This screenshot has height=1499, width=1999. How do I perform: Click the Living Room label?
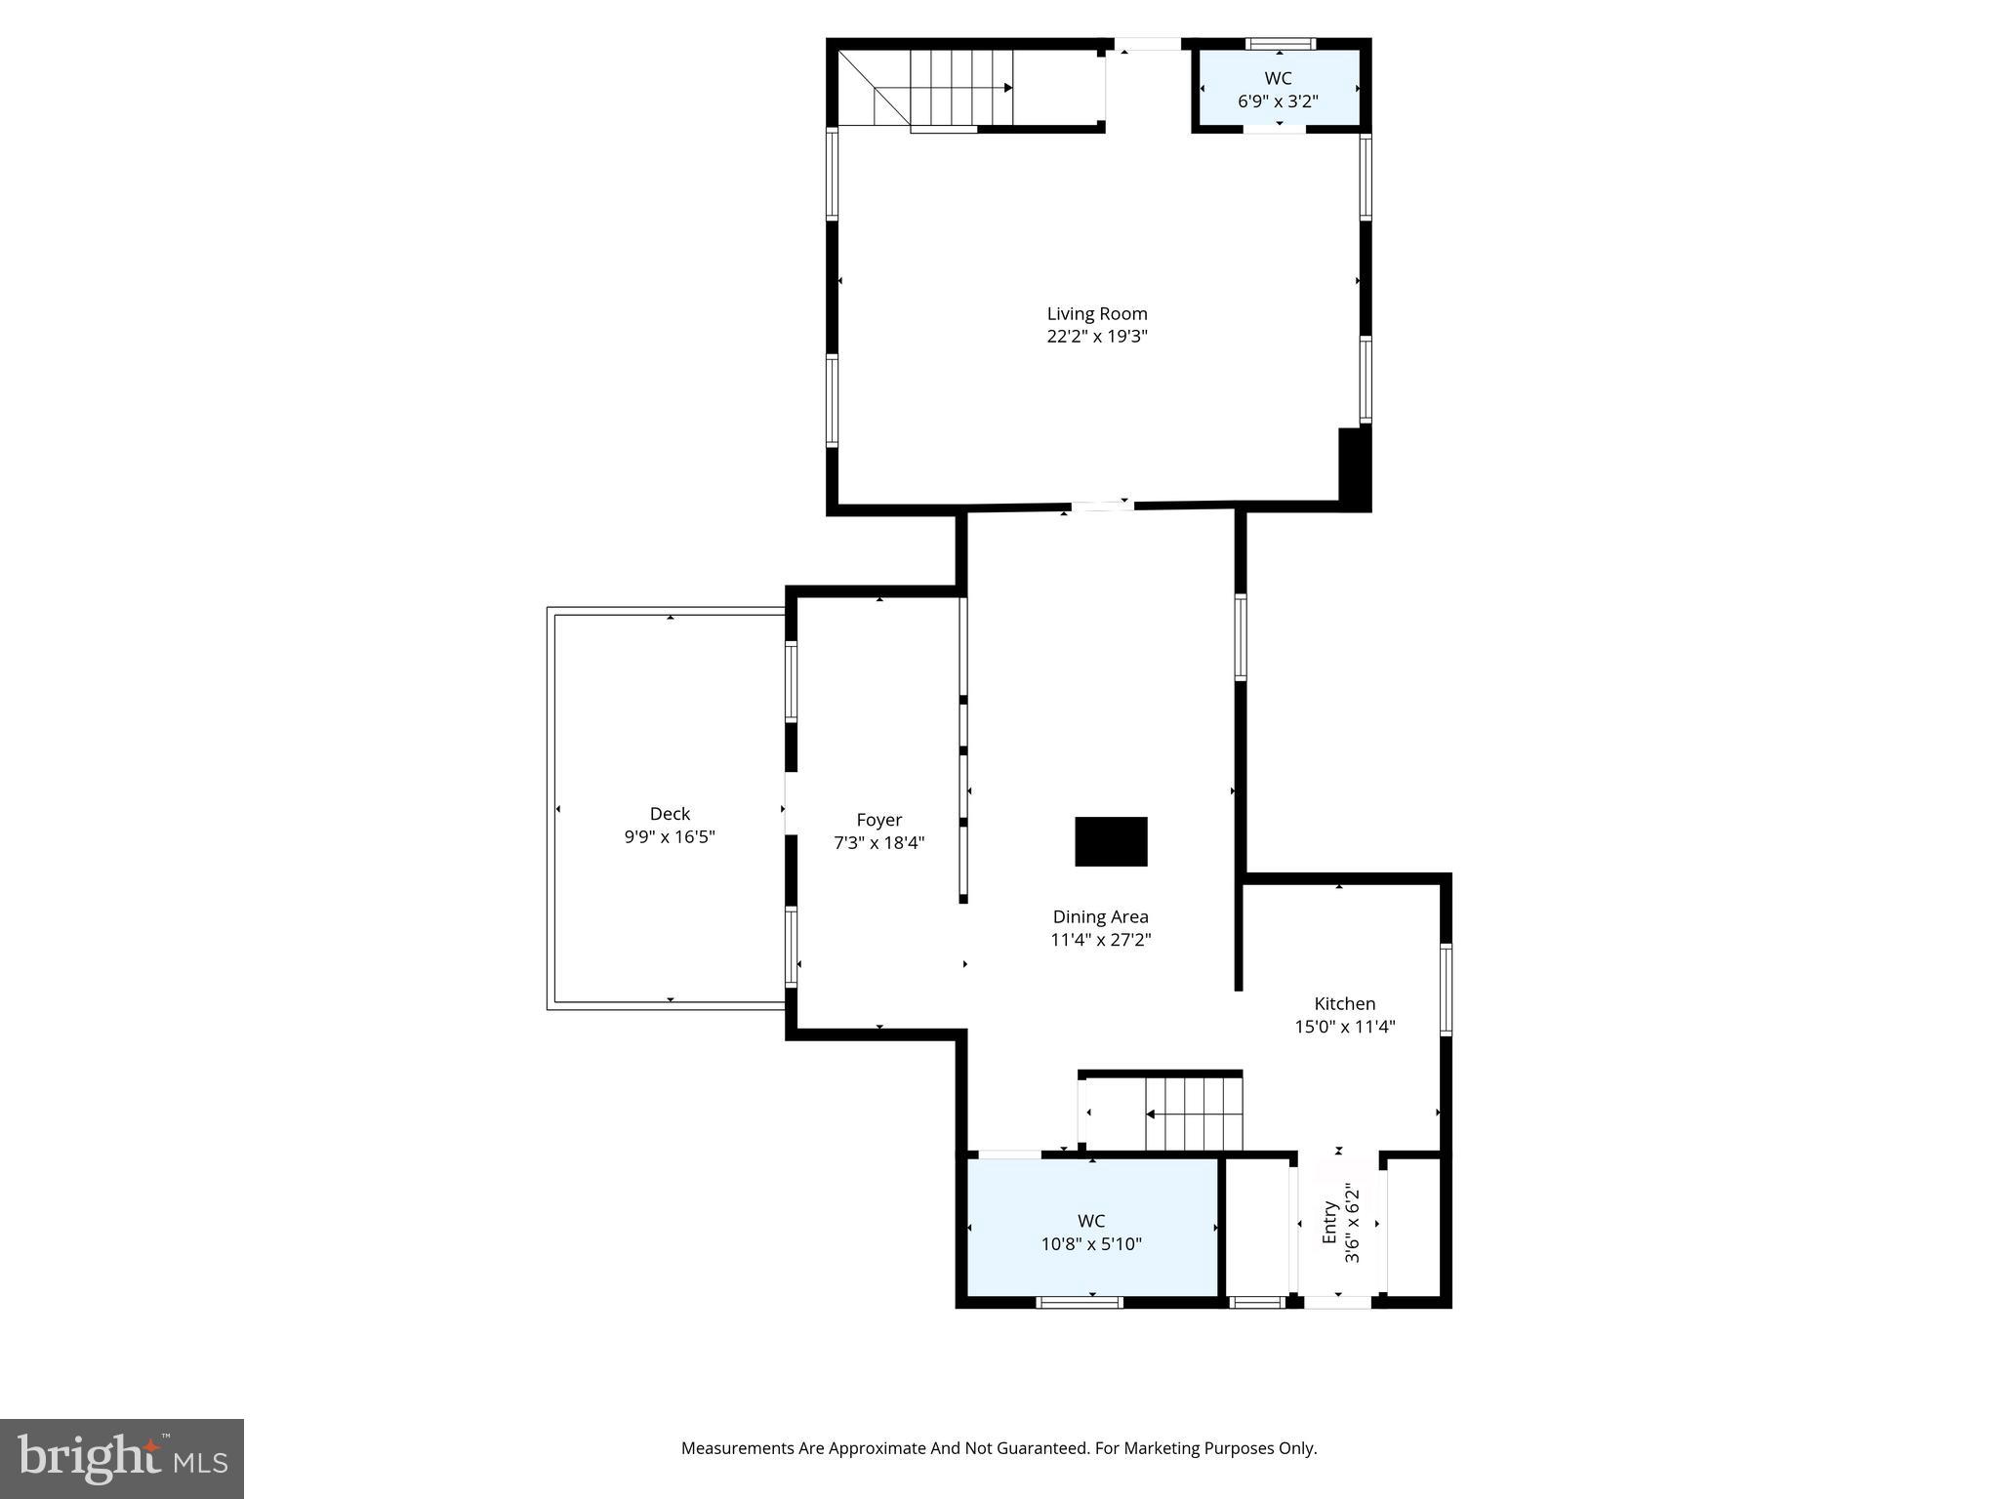coord(1096,313)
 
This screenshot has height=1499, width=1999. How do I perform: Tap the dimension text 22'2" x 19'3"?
coord(1096,337)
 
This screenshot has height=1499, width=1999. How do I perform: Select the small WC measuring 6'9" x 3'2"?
coord(1278,89)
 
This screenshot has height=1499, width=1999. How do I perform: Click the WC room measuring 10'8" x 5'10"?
coord(1091,1233)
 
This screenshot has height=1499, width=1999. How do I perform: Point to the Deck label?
coord(670,814)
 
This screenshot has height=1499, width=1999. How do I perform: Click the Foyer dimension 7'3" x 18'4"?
coord(878,843)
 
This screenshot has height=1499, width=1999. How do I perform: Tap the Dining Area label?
coord(1100,917)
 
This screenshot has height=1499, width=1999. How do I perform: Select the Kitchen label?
coord(1344,1003)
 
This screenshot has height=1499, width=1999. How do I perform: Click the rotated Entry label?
coord(1329,1223)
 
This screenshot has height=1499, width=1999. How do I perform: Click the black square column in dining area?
coord(1111,841)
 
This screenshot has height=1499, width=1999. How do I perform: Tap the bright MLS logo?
coord(122,1458)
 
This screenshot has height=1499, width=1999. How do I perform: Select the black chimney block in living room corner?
coord(1353,467)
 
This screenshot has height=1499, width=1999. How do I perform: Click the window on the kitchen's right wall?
coord(1446,989)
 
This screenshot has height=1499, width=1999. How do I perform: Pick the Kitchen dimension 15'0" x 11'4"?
coord(1344,1027)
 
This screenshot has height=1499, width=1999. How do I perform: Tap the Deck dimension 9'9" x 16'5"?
coord(670,837)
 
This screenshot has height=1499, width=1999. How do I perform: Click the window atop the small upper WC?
coord(1281,44)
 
